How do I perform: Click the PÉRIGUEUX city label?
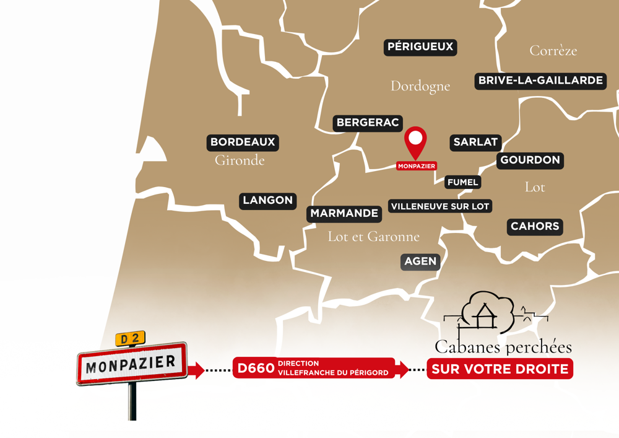click(x=420, y=47)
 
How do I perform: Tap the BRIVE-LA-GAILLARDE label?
click(x=540, y=81)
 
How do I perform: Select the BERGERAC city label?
click(x=368, y=123)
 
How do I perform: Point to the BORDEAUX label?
click(x=243, y=142)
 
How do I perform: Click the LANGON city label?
click(x=267, y=201)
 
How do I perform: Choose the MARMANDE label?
click(x=344, y=214)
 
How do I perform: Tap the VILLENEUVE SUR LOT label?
click(x=440, y=206)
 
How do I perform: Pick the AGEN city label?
click(x=420, y=261)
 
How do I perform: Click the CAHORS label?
click(x=535, y=227)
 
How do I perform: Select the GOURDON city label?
click(x=530, y=160)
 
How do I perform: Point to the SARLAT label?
click(x=475, y=142)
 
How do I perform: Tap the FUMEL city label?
click(x=463, y=182)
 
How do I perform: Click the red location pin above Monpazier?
click(x=416, y=141)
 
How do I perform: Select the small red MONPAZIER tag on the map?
click(x=417, y=166)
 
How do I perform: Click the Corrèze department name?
click(x=553, y=51)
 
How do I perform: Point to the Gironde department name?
click(x=240, y=160)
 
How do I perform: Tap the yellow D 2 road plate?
click(x=130, y=339)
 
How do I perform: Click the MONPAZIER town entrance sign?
click(x=132, y=364)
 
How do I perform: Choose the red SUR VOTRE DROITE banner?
click(x=500, y=369)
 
